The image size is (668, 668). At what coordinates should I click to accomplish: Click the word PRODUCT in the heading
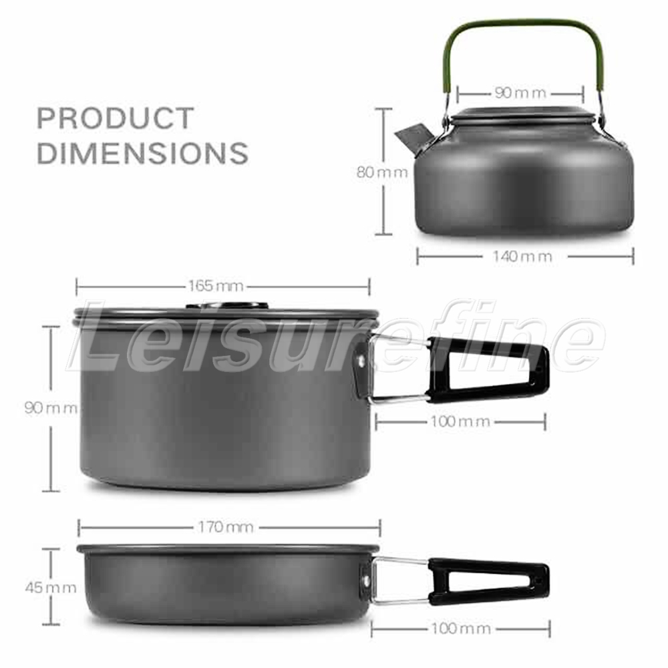[116, 118]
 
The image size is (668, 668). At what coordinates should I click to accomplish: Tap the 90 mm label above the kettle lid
[520, 93]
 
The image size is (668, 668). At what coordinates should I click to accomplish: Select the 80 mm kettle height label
[382, 172]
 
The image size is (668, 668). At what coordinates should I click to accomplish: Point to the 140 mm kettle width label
[523, 257]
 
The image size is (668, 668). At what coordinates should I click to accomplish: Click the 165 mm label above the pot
[216, 286]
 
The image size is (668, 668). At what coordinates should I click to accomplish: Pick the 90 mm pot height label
[51, 408]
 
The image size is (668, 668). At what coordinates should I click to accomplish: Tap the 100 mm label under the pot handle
[460, 422]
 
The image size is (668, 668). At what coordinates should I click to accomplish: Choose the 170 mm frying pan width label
[226, 528]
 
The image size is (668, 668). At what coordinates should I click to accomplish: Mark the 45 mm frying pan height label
[51, 588]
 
